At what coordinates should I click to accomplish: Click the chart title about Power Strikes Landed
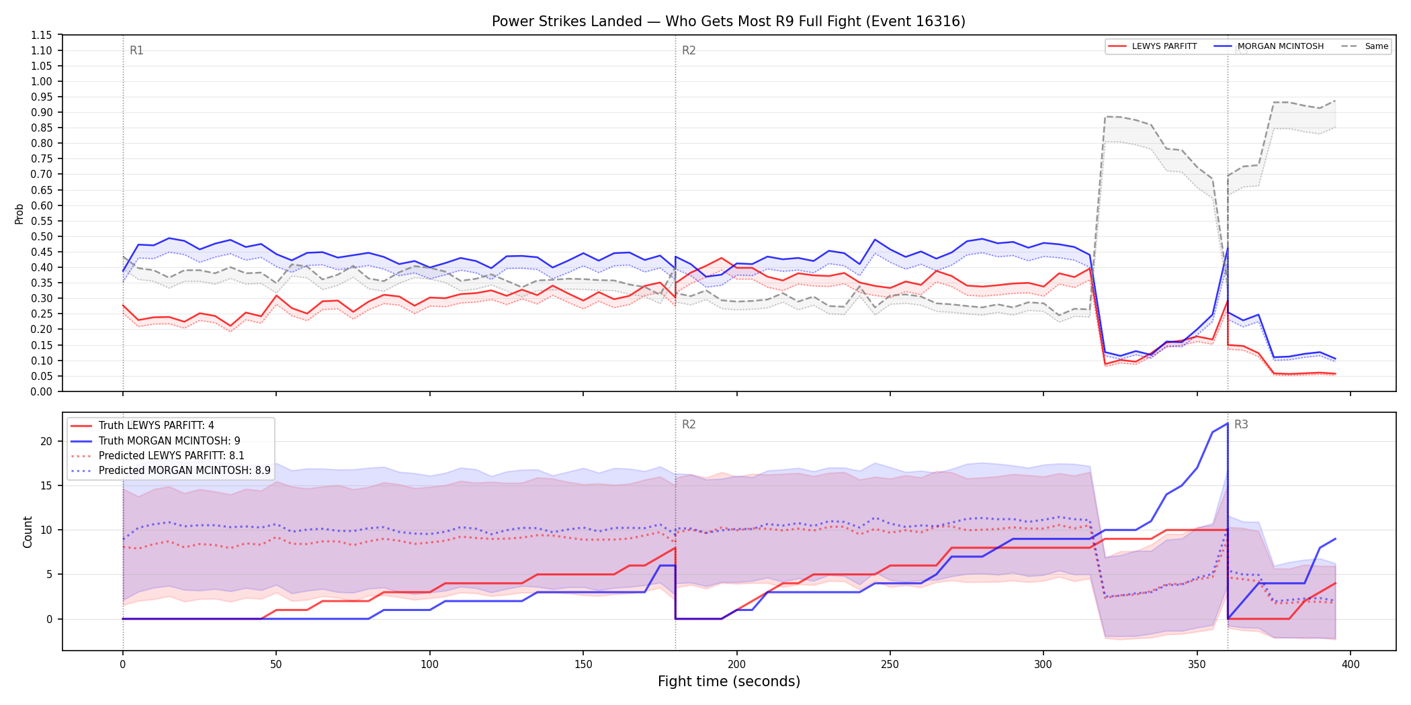coord(728,21)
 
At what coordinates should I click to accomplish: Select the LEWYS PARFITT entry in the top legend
coord(1164,46)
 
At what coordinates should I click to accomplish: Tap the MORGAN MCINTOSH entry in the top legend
coord(1281,46)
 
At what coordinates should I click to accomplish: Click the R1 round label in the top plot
coord(136,50)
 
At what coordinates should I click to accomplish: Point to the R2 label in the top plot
coord(689,50)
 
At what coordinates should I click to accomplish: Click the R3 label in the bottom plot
coord(1241,424)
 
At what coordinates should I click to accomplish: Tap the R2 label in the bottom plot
coord(689,424)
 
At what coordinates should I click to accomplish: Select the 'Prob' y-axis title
coord(19,214)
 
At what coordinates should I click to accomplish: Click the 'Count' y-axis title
coord(28,532)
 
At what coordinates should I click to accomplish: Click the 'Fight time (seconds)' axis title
coord(729,681)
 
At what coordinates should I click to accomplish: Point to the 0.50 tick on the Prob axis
coord(42,236)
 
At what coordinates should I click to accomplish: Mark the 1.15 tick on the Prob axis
coord(42,35)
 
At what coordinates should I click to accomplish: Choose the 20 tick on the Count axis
coord(46,441)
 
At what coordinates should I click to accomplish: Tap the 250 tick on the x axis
coord(890,665)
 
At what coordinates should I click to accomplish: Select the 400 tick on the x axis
coord(1351,665)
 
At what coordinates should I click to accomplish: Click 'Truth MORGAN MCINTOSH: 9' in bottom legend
coord(169,440)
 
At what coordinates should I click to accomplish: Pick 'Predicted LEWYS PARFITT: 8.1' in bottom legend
coord(171,455)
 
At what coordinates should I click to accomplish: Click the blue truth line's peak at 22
coord(1228,423)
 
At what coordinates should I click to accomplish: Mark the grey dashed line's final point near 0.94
coord(1334,101)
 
